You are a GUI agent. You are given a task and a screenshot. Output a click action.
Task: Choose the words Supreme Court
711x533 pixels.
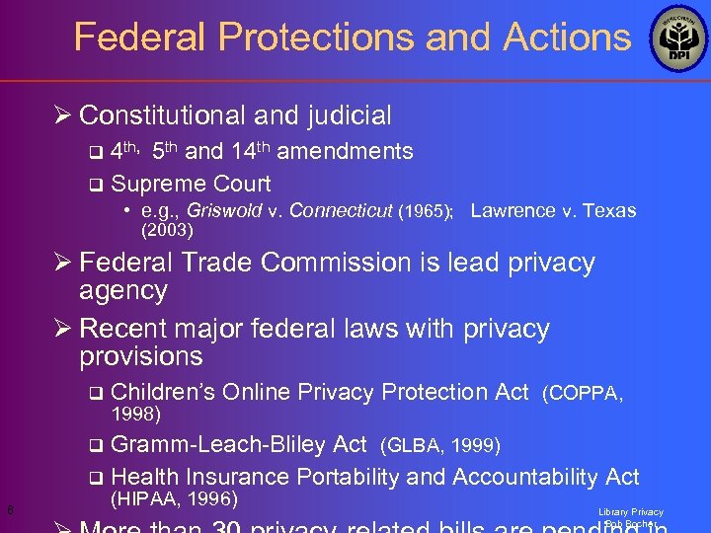click(x=192, y=184)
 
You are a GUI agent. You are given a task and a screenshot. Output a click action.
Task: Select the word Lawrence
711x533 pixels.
click(x=513, y=211)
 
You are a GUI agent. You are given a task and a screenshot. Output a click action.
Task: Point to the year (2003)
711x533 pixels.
click(x=168, y=231)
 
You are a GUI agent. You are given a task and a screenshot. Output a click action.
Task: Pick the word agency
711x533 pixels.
click(x=123, y=291)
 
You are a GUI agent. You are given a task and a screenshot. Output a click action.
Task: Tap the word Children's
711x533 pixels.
click(x=164, y=393)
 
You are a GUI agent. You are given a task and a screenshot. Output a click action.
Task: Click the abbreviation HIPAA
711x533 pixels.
click(x=147, y=498)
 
